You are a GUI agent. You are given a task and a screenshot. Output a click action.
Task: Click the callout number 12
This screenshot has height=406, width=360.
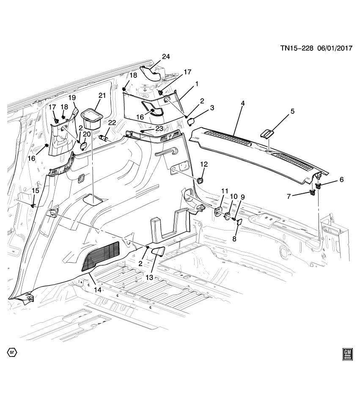pos(204,164)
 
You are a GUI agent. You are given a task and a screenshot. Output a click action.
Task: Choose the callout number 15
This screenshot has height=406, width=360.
pos(36,191)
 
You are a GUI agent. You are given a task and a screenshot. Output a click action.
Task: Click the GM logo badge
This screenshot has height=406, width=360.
pos(348,354)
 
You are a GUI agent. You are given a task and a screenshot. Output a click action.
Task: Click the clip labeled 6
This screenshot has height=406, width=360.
pos(319,186)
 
